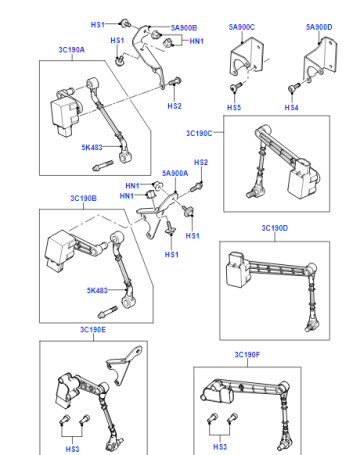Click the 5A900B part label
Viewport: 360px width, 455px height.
click(x=184, y=28)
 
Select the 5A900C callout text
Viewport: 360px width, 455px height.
click(x=242, y=27)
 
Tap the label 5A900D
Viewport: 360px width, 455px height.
click(x=319, y=27)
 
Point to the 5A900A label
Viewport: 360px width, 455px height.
click(x=175, y=173)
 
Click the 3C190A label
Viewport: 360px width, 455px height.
click(x=72, y=50)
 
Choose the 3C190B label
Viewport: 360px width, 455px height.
click(x=83, y=198)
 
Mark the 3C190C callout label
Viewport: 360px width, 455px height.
click(x=199, y=133)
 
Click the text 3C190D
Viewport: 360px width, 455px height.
click(x=275, y=228)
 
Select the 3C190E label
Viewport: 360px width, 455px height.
click(x=93, y=330)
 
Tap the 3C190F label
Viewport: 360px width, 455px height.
click(x=247, y=355)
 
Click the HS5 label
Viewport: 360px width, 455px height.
click(x=234, y=107)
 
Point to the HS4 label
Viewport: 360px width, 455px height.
click(x=291, y=107)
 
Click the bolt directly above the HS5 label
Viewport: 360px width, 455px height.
click(x=236, y=87)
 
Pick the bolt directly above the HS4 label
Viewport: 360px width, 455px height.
click(x=294, y=88)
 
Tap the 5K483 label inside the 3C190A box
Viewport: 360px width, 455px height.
click(x=92, y=147)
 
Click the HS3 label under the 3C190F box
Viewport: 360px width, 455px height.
click(x=220, y=447)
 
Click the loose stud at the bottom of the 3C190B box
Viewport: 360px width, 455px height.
click(x=107, y=312)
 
